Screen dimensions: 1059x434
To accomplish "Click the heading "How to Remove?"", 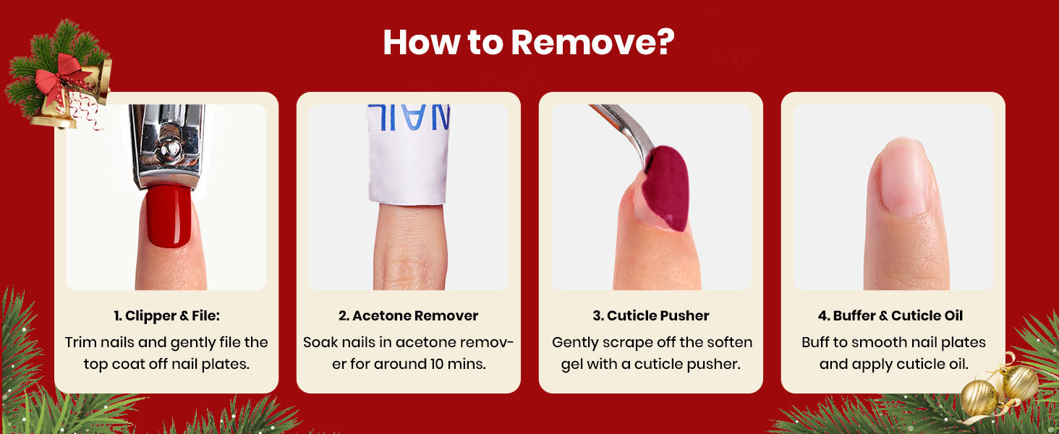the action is click(x=529, y=42).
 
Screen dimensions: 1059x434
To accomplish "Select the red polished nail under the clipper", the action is click(x=169, y=216).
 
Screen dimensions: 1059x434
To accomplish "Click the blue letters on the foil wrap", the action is click(x=409, y=117).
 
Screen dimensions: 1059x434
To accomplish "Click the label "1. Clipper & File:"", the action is click(x=166, y=315).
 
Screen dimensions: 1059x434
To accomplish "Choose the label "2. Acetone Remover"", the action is click(x=409, y=315).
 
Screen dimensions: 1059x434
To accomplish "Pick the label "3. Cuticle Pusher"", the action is click(x=651, y=315).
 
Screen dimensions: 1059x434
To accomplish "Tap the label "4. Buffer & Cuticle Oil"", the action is click(x=890, y=315).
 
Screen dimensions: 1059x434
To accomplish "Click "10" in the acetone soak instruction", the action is click(x=438, y=364).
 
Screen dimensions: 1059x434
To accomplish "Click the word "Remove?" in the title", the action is click(x=593, y=42).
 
